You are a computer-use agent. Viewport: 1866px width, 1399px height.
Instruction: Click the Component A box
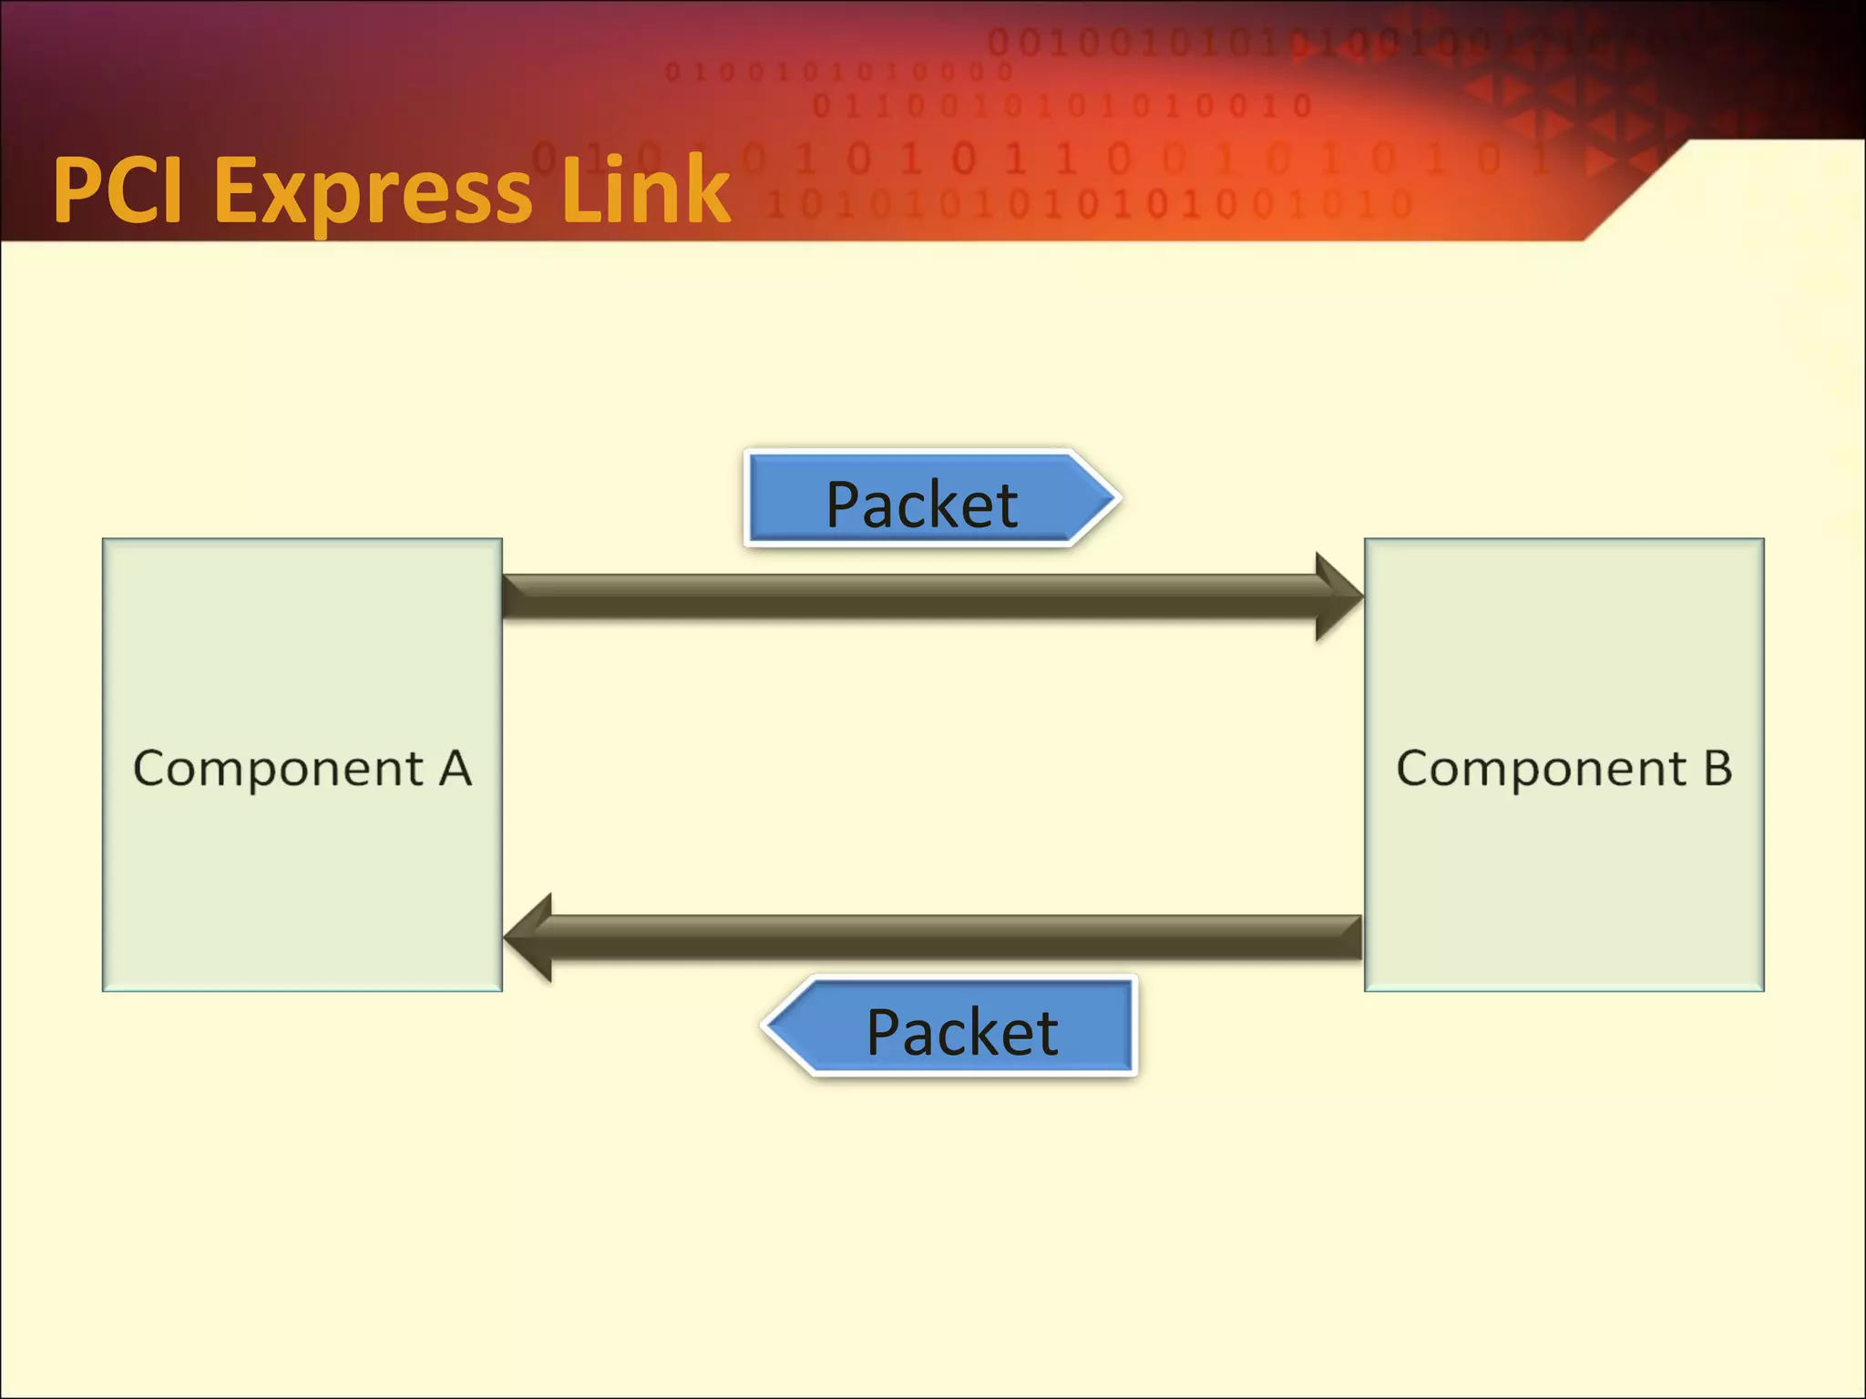(x=302, y=874)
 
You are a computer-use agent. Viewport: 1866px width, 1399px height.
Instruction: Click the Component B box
(x=1564, y=874)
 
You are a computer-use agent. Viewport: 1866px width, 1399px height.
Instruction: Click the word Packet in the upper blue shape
(x=921, y=505)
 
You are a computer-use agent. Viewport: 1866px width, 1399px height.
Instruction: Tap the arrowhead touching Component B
(x=1339, y=597)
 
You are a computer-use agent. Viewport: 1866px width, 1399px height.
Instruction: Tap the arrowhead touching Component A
(x=528, y=937)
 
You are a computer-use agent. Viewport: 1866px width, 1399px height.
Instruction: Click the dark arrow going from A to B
(x=911, y=597)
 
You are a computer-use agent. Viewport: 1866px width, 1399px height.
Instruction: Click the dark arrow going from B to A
(x=957, y=937)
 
